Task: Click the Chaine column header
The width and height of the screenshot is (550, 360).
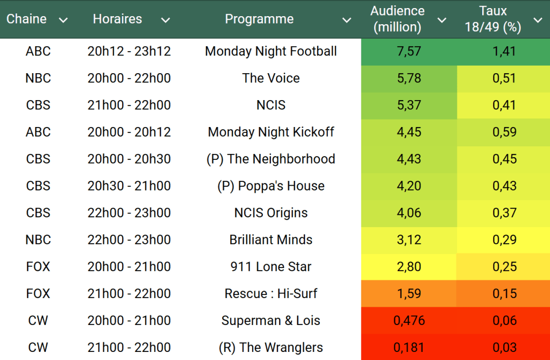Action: click(x=26, y=19)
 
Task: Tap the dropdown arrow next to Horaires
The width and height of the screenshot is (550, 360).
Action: click(x=166, y=20)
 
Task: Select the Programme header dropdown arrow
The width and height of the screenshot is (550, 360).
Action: click(x=347, y=20)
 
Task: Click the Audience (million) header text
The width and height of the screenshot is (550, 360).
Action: click(x=397, y=19)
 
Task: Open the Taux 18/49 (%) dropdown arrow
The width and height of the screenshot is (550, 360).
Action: click(x=538, y=20)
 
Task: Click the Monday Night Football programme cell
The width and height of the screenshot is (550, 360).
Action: click(x=271, y=52)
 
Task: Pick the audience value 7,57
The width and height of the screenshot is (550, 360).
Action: click(x=409, y=52)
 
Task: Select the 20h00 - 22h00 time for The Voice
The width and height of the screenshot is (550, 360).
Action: click(x=129, y=79)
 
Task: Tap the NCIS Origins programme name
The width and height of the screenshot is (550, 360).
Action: click(x=271, y=213)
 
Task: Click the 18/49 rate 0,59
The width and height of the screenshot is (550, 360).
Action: click(x=504, y=132)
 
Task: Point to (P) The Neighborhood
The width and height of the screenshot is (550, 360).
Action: click(x=271, y=159)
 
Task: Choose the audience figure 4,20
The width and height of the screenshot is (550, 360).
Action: click(x=409, y=186)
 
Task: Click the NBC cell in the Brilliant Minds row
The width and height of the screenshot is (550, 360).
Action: click(x=38, y=240)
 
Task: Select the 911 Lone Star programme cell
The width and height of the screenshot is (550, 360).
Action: click(x=271, y=267)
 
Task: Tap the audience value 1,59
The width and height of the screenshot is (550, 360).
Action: click(x=409, y=294)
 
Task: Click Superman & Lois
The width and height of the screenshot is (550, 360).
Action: click(x=271, y=321)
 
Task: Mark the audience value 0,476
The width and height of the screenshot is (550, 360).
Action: click(x=409, y=321)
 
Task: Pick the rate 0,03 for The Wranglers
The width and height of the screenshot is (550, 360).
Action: click(x=504, y=348)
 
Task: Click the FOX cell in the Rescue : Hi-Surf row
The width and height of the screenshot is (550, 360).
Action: click(x=38, y=294)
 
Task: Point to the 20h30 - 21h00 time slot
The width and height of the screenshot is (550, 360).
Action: click(x=129, y=186)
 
